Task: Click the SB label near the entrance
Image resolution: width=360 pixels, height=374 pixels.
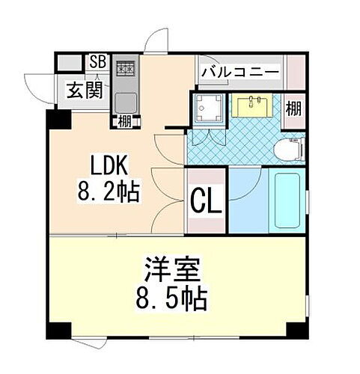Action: [x=97, y=62]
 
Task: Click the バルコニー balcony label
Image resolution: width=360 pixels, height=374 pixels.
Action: [x=240, y=73]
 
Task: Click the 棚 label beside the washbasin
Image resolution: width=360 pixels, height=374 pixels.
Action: [x=294, y=108]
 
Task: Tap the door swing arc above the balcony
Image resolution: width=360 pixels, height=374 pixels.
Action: [x=159, y=41]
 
